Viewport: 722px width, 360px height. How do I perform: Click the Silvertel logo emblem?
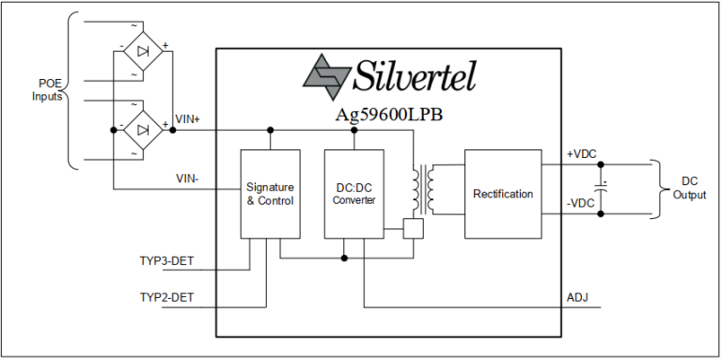point(326,76)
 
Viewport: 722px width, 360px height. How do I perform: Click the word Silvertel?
point(415,75)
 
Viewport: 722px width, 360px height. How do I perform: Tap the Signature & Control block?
point(270,194)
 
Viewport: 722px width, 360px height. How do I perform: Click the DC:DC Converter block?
point(353,194)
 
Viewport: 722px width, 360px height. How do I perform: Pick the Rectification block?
point(502,194)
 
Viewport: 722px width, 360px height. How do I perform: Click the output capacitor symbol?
point(603,189)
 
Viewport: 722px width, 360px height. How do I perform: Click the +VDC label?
point(581,155)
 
